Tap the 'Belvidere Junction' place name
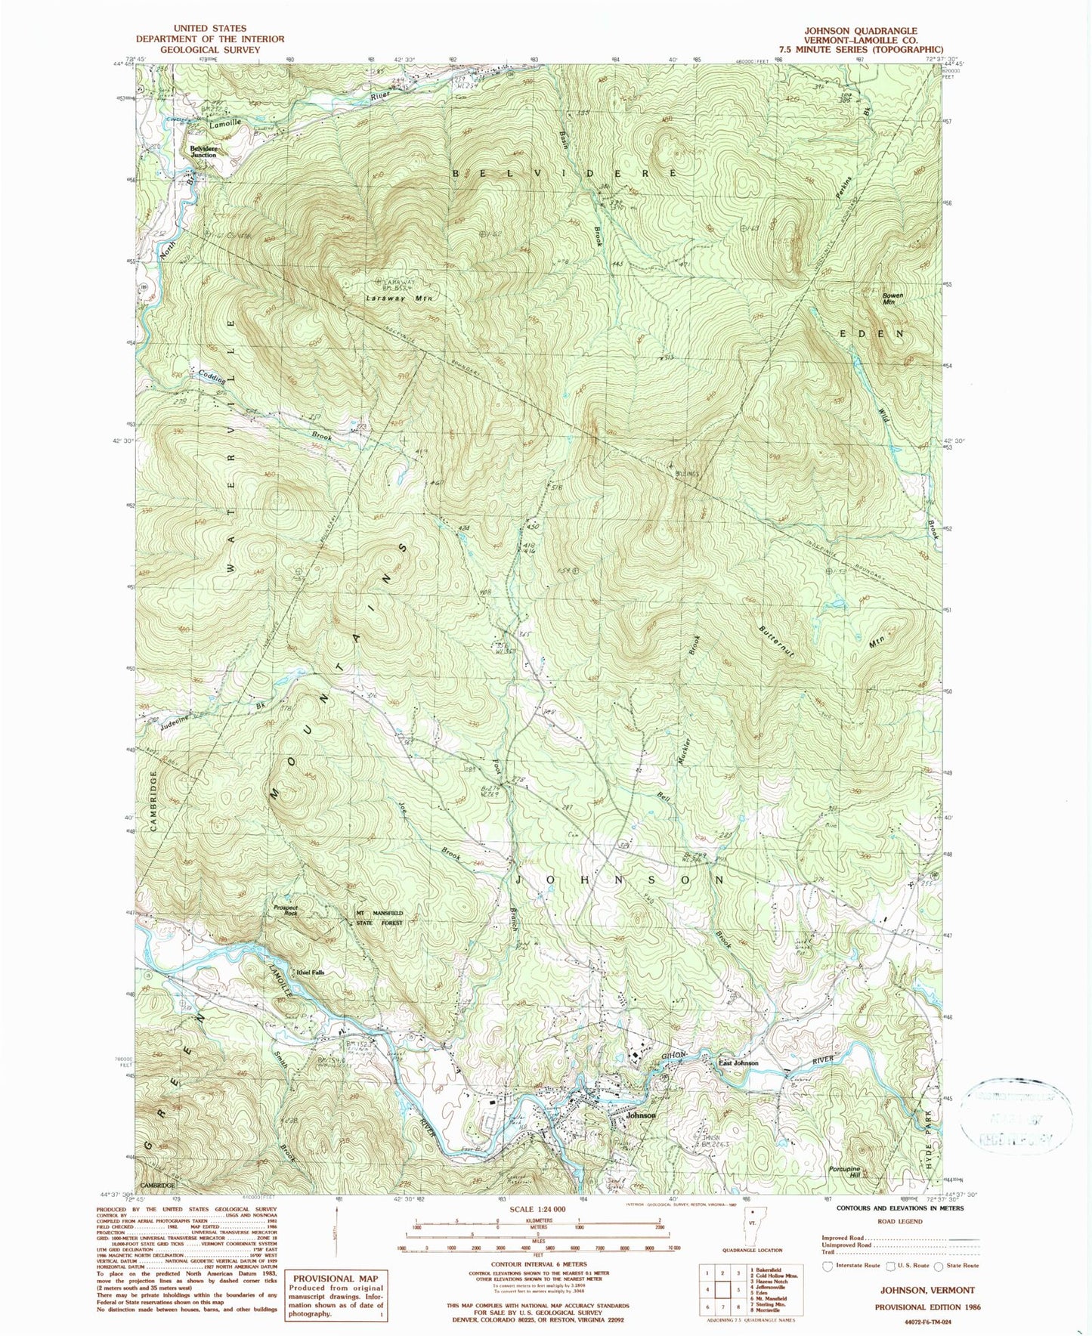203,151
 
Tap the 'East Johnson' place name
738,1063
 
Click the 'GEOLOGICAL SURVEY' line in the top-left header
209,50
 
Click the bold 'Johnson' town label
641,1115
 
